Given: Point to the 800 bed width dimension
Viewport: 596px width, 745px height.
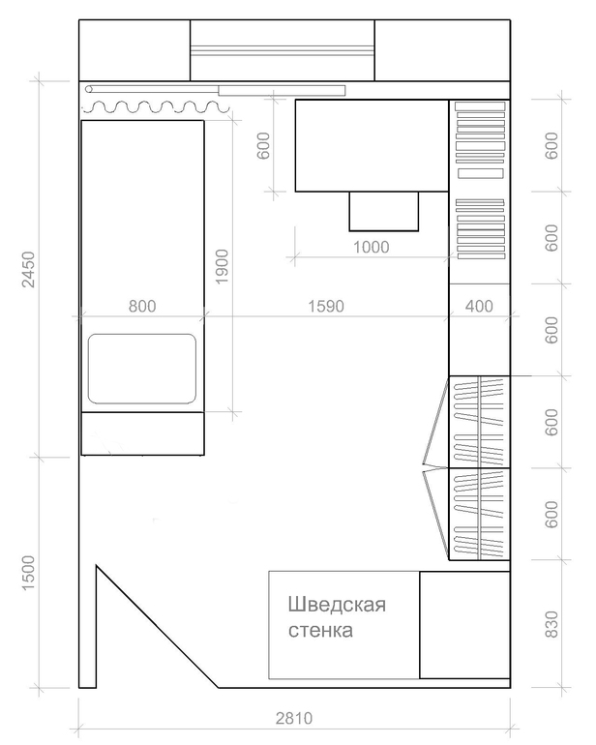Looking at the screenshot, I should point(141,306).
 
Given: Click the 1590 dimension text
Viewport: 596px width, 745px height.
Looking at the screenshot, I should point(326,306).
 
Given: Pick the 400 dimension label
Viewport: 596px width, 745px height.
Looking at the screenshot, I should point(479,306).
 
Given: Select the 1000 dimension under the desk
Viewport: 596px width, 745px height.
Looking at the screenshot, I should point(371,247).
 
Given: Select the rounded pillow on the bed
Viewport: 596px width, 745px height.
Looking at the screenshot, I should point(142,369).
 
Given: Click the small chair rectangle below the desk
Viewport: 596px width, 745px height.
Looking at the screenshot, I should point(383,211).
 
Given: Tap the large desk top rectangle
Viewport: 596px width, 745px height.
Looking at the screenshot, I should point(371,145).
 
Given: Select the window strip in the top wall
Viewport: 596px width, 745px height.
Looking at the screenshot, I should point(282,50).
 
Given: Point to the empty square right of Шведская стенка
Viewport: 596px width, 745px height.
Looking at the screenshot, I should point(464,624).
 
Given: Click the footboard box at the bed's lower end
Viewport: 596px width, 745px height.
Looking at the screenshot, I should point(142,432).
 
